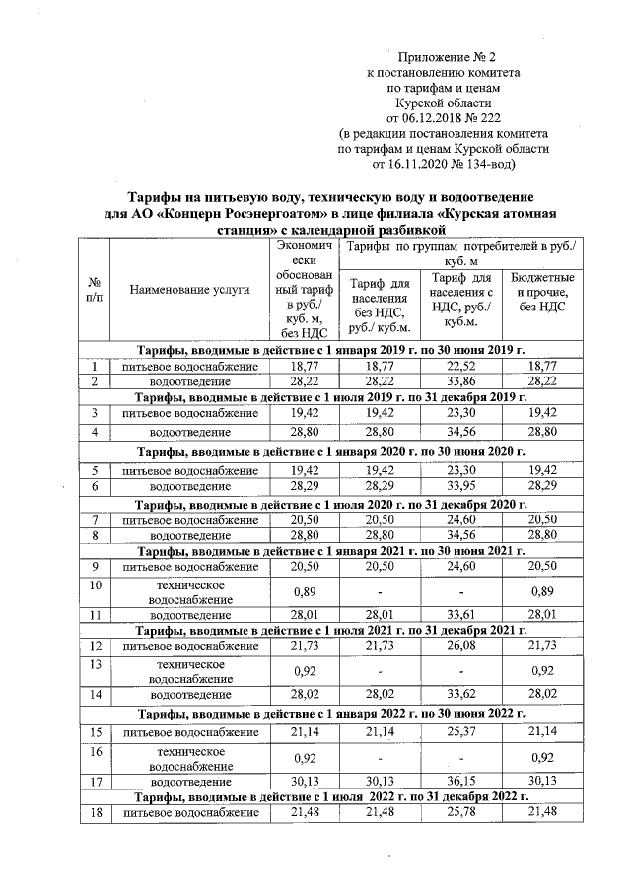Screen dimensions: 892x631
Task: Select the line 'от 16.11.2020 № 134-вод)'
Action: tap(445, 162)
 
